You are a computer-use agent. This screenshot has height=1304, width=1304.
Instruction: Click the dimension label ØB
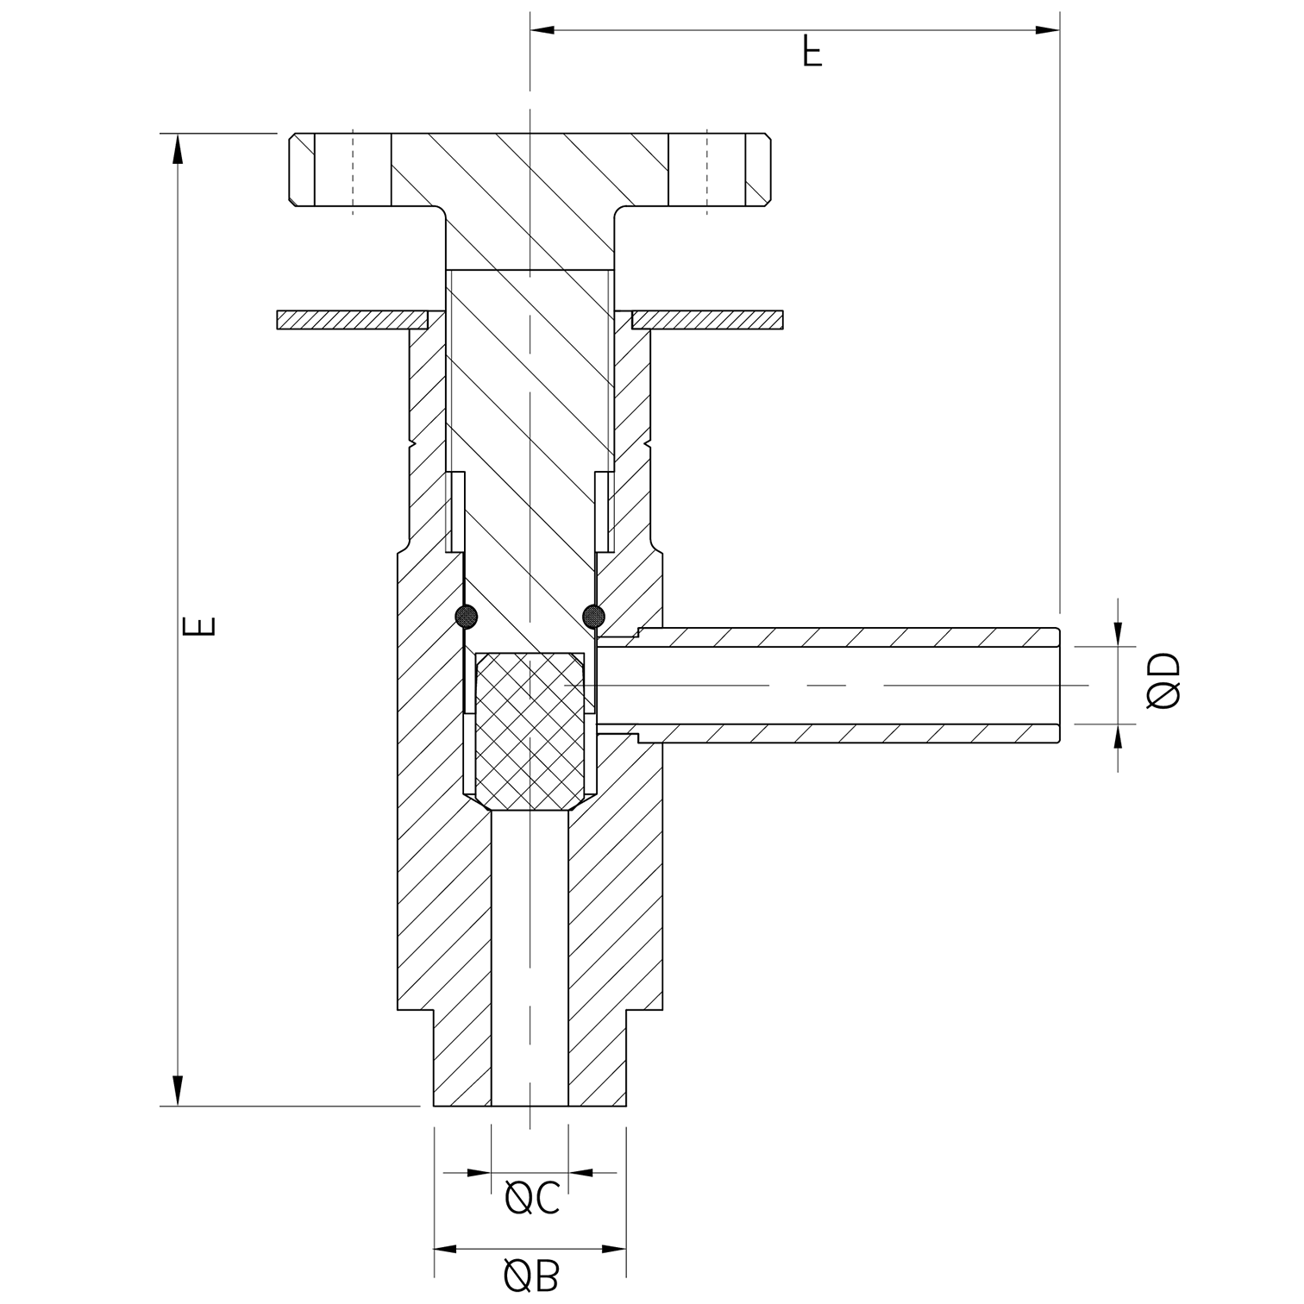pyautogui.click(x=531, y=1277)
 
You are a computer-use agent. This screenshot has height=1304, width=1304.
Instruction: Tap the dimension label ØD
pyautogui.click(x=1164, y=681)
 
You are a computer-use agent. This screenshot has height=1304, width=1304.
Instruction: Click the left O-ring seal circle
pyautogui.click(x=466, y=616)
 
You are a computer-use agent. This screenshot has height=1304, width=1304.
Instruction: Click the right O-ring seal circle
pyautogui.click(x=593, y=616)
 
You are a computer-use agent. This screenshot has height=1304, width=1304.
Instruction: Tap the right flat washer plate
pyautogui.click(x=707, y=320)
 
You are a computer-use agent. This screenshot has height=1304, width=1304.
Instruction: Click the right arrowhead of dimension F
pyautogui.click(x=1047, y=31)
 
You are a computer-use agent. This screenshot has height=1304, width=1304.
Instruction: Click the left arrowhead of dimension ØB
pyautogui.click(x=444, y=1249)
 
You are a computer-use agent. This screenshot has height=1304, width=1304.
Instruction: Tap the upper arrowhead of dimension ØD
pyautogui.click(x=1119, y=633)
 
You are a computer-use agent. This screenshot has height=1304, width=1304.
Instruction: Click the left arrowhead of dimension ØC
pyautogui.click(x=479, y=1173)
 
